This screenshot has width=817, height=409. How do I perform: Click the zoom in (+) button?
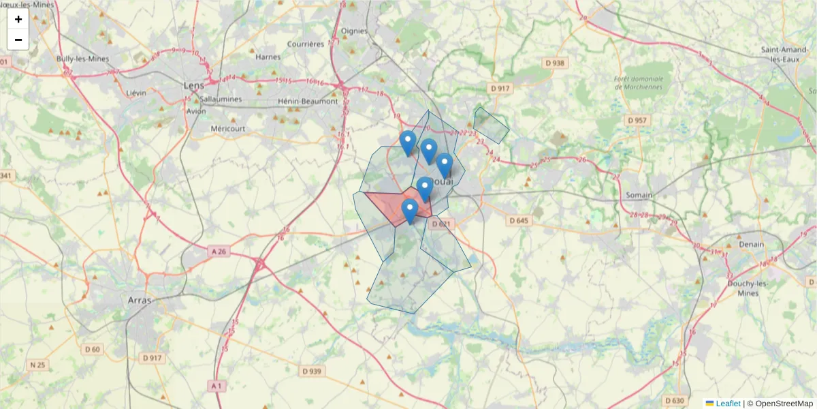pyautogui.click(x=18, y=19)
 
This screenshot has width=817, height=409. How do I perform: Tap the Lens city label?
pyautogui.click(x=194, y=85)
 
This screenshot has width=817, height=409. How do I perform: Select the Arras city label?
pyautogui.click(x=140, y=299)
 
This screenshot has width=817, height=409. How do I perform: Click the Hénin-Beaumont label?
pyautogui.click(x=308, y=102)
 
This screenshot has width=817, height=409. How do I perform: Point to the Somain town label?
pyautogui.click(x=639, y=195)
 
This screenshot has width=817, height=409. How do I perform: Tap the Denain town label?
pyautogui.click(x=750, y=244)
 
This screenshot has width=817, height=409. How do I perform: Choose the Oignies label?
pyautogui.click(x=354, y=31)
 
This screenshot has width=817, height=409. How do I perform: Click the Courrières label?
pyautogui.click(x=306, y=44)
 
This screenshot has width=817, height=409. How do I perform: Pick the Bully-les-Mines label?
pyautogui.click(x=83, y=59)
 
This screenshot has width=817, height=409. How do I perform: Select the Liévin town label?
pyautogui.click(x=136, y=92)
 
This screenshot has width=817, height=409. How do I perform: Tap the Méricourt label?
pyautogui.click(x=228, y=128)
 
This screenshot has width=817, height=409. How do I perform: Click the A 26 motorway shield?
pyautogui.click(x=219, y=252)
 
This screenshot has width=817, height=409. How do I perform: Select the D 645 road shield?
pyautogui.click(x=518, y=220)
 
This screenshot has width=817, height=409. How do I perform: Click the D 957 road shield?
pyautogui.click(x=637, y=120)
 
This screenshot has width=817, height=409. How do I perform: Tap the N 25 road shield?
pyautogui.click(x=37, y=365)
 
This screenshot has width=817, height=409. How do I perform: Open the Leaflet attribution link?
pyautogui.click(x=727, y=404)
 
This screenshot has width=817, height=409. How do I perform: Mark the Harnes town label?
pyautogui.click(x=268, y=57)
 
